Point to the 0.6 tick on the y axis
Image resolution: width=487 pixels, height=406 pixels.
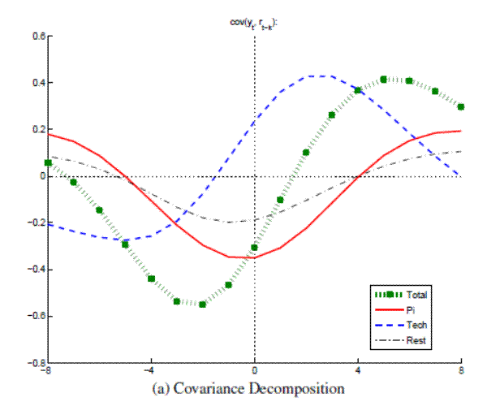tap(36, 37)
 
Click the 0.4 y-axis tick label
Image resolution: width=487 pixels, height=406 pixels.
tap(36, 83)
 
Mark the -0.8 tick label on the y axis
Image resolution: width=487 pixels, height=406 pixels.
tap(34, 363)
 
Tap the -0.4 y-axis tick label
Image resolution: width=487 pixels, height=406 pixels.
tap(34, 270)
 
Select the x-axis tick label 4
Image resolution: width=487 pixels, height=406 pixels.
tap(358, 372)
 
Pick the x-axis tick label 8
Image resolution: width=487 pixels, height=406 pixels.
tap(461, 372)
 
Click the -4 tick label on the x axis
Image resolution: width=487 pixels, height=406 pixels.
tap(150, 372)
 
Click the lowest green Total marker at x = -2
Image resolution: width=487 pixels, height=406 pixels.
tap(203, 304)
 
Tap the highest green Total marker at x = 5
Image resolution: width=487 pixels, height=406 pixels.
tap(384, 80)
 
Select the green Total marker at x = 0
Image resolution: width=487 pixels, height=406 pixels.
tap(255, 248)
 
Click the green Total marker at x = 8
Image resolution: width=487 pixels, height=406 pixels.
tap(461, 106)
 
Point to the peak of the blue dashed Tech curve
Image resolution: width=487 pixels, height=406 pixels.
tap(317, 76)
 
